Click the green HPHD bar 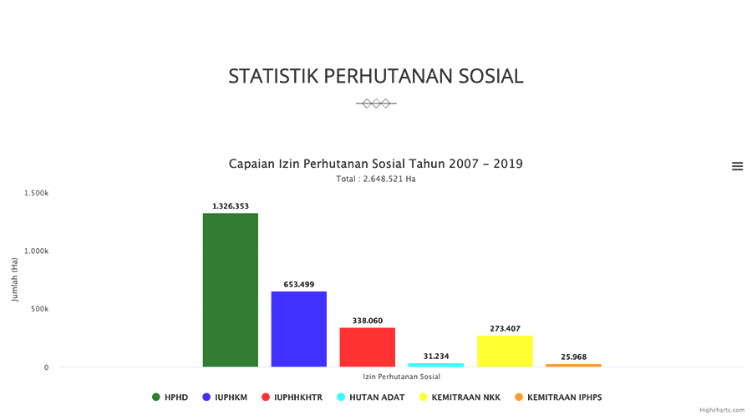click(x=230, y=290)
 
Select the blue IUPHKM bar click(x=298, y=329)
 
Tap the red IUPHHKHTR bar click(x=367, y=347)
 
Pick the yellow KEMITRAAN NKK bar click(x=505, y=351)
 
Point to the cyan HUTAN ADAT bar click(x=435, y=365)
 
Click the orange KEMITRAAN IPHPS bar click(x=573, y=366)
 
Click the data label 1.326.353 click(x=230, y=206)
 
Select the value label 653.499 click(x=298, y=285)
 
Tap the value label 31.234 click(x=435, y=357)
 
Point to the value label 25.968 click(x=573, y=357)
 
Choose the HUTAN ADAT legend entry click(x=371, y=397)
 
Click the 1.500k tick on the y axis click(x=36, y=193)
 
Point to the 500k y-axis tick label click(x=38, y=309)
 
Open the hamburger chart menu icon click(x=737, y=166)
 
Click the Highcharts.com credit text click(x=722, y=411)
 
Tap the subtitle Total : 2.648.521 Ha click(x=375, y=180)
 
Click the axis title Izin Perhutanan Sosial click(x=401, y=377)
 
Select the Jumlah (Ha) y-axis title click(x=15, y=280)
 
